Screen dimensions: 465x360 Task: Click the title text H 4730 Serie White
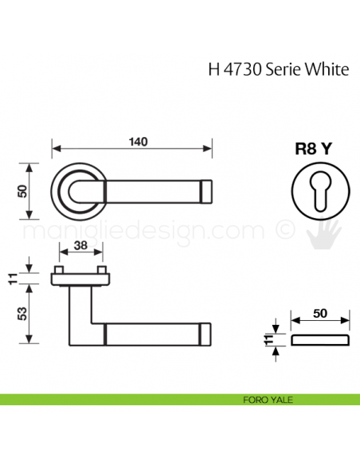278,69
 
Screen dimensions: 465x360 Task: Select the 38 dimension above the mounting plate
80,246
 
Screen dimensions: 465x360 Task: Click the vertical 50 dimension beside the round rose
22,191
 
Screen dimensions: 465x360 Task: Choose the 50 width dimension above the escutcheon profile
320,314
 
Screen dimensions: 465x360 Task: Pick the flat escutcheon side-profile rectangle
320,341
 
